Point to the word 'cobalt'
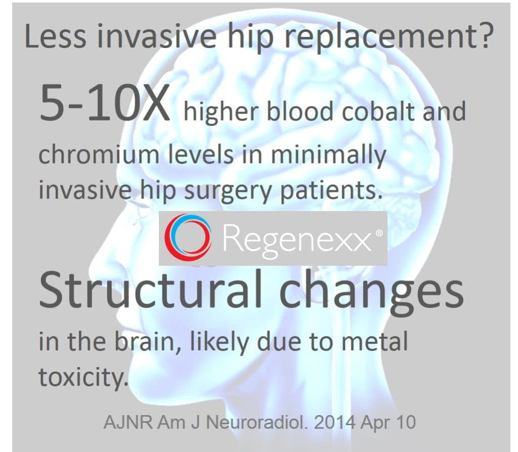pyautogui.click(x=378, y=111)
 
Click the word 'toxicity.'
pyautogui.click(x=81, y=377)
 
